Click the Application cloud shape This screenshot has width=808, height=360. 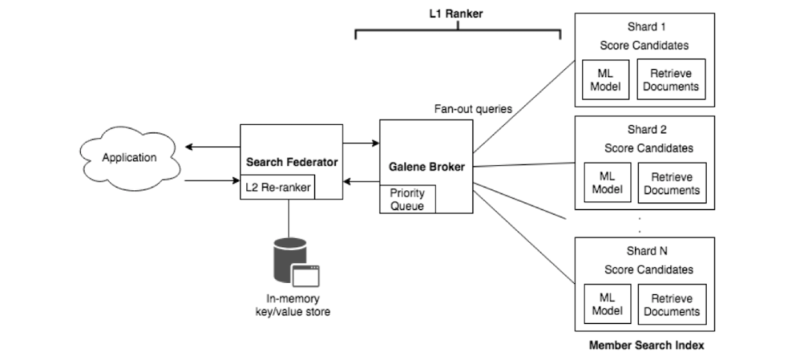tap(129, 158)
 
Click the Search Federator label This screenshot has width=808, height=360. tap(290, 162)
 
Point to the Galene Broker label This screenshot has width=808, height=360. tap(426, 167)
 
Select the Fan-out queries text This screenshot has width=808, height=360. tap(473, 109)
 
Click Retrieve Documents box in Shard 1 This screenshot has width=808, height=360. tap(671, 80)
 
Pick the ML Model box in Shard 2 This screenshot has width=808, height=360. tap(607, 183)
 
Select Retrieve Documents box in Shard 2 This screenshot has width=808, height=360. tap(671, 183)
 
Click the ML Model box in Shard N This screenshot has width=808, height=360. tap(607, 305)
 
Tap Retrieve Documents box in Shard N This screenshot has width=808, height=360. tap(671, 305)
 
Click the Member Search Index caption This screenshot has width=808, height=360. tap(646, 345)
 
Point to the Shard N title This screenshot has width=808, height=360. tap(646, 251)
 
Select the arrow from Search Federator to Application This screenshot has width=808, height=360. tap(211, 147)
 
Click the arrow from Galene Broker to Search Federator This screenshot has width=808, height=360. tap(361, 181)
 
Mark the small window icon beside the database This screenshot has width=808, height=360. tap(305, 276)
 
